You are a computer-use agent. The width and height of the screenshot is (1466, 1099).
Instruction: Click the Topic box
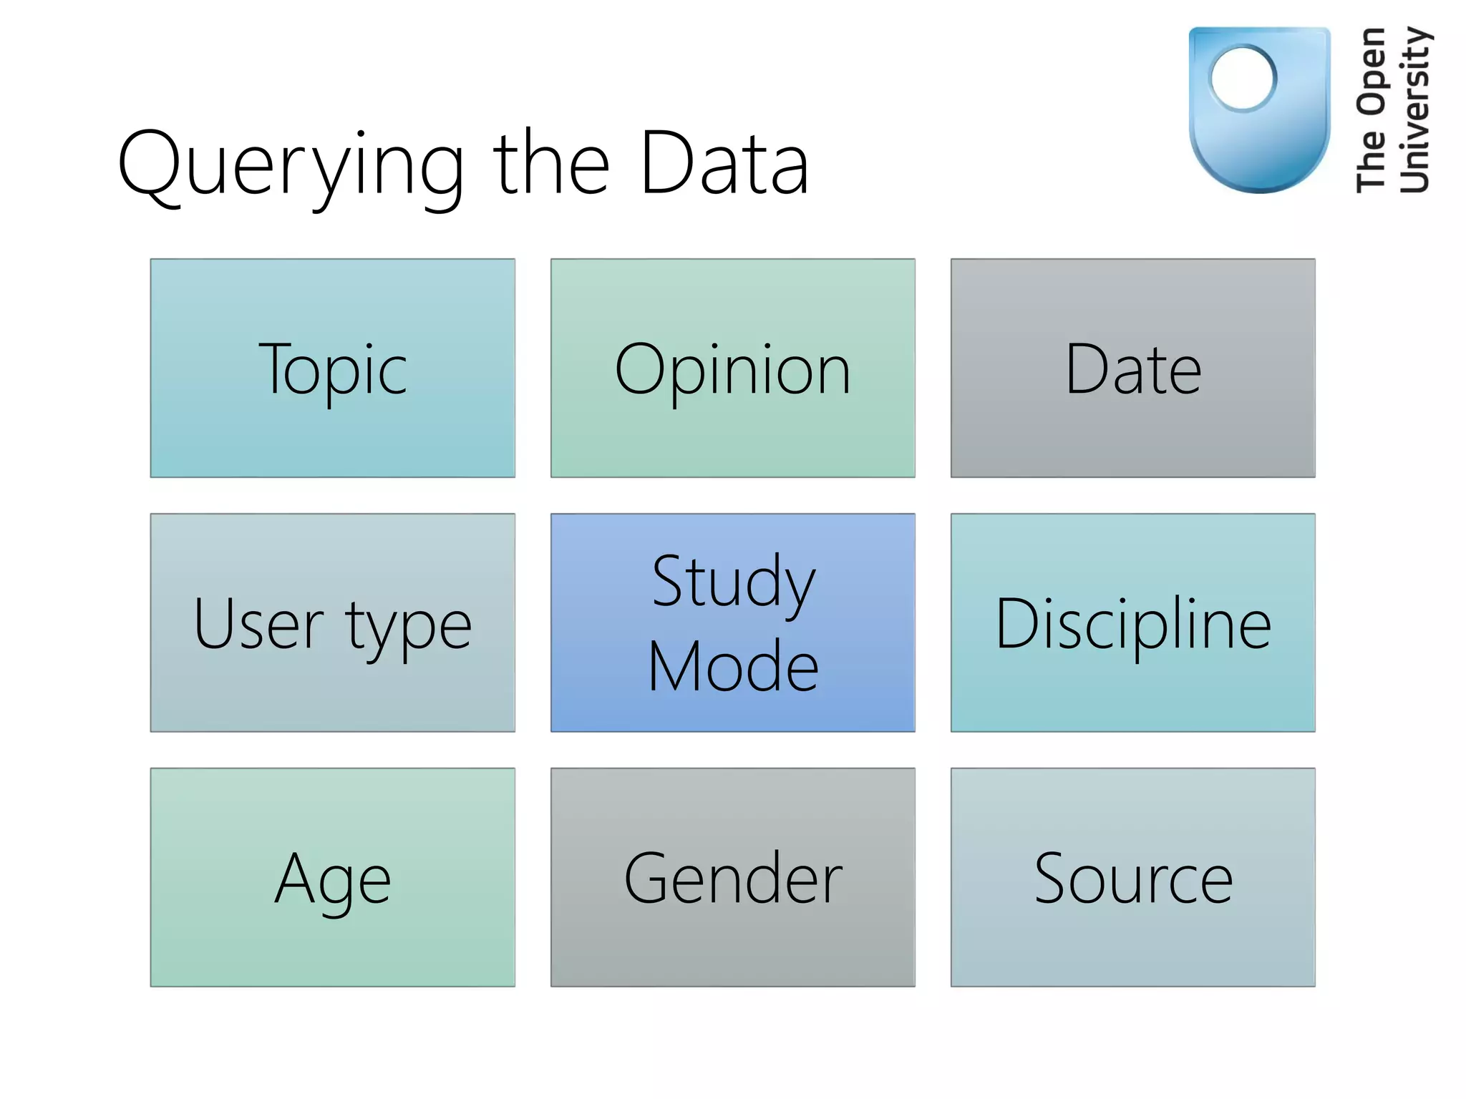click(x=332, y=368)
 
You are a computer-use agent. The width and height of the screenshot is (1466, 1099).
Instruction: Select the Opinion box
click(x=732, y=368)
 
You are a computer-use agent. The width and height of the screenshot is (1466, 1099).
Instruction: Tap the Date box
click(x=1132, y=368)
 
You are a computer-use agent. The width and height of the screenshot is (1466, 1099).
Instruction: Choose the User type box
click(x=332, y=622)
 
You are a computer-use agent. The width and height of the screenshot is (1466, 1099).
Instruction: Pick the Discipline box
click(x=1132, y=622)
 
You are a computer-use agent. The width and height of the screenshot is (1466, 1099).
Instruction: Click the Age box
click(x=332, y=877)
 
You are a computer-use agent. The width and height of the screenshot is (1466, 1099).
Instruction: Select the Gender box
click(x=732, y=877)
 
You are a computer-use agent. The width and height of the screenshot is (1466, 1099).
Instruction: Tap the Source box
click(x=1132, y=877)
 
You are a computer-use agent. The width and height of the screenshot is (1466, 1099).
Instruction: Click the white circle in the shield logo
click(x=1243, y=78)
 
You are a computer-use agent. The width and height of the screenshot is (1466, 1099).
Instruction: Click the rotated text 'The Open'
click(x=1371, y=111)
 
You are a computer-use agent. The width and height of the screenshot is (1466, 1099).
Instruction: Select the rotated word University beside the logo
click(x=1414, y=111)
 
